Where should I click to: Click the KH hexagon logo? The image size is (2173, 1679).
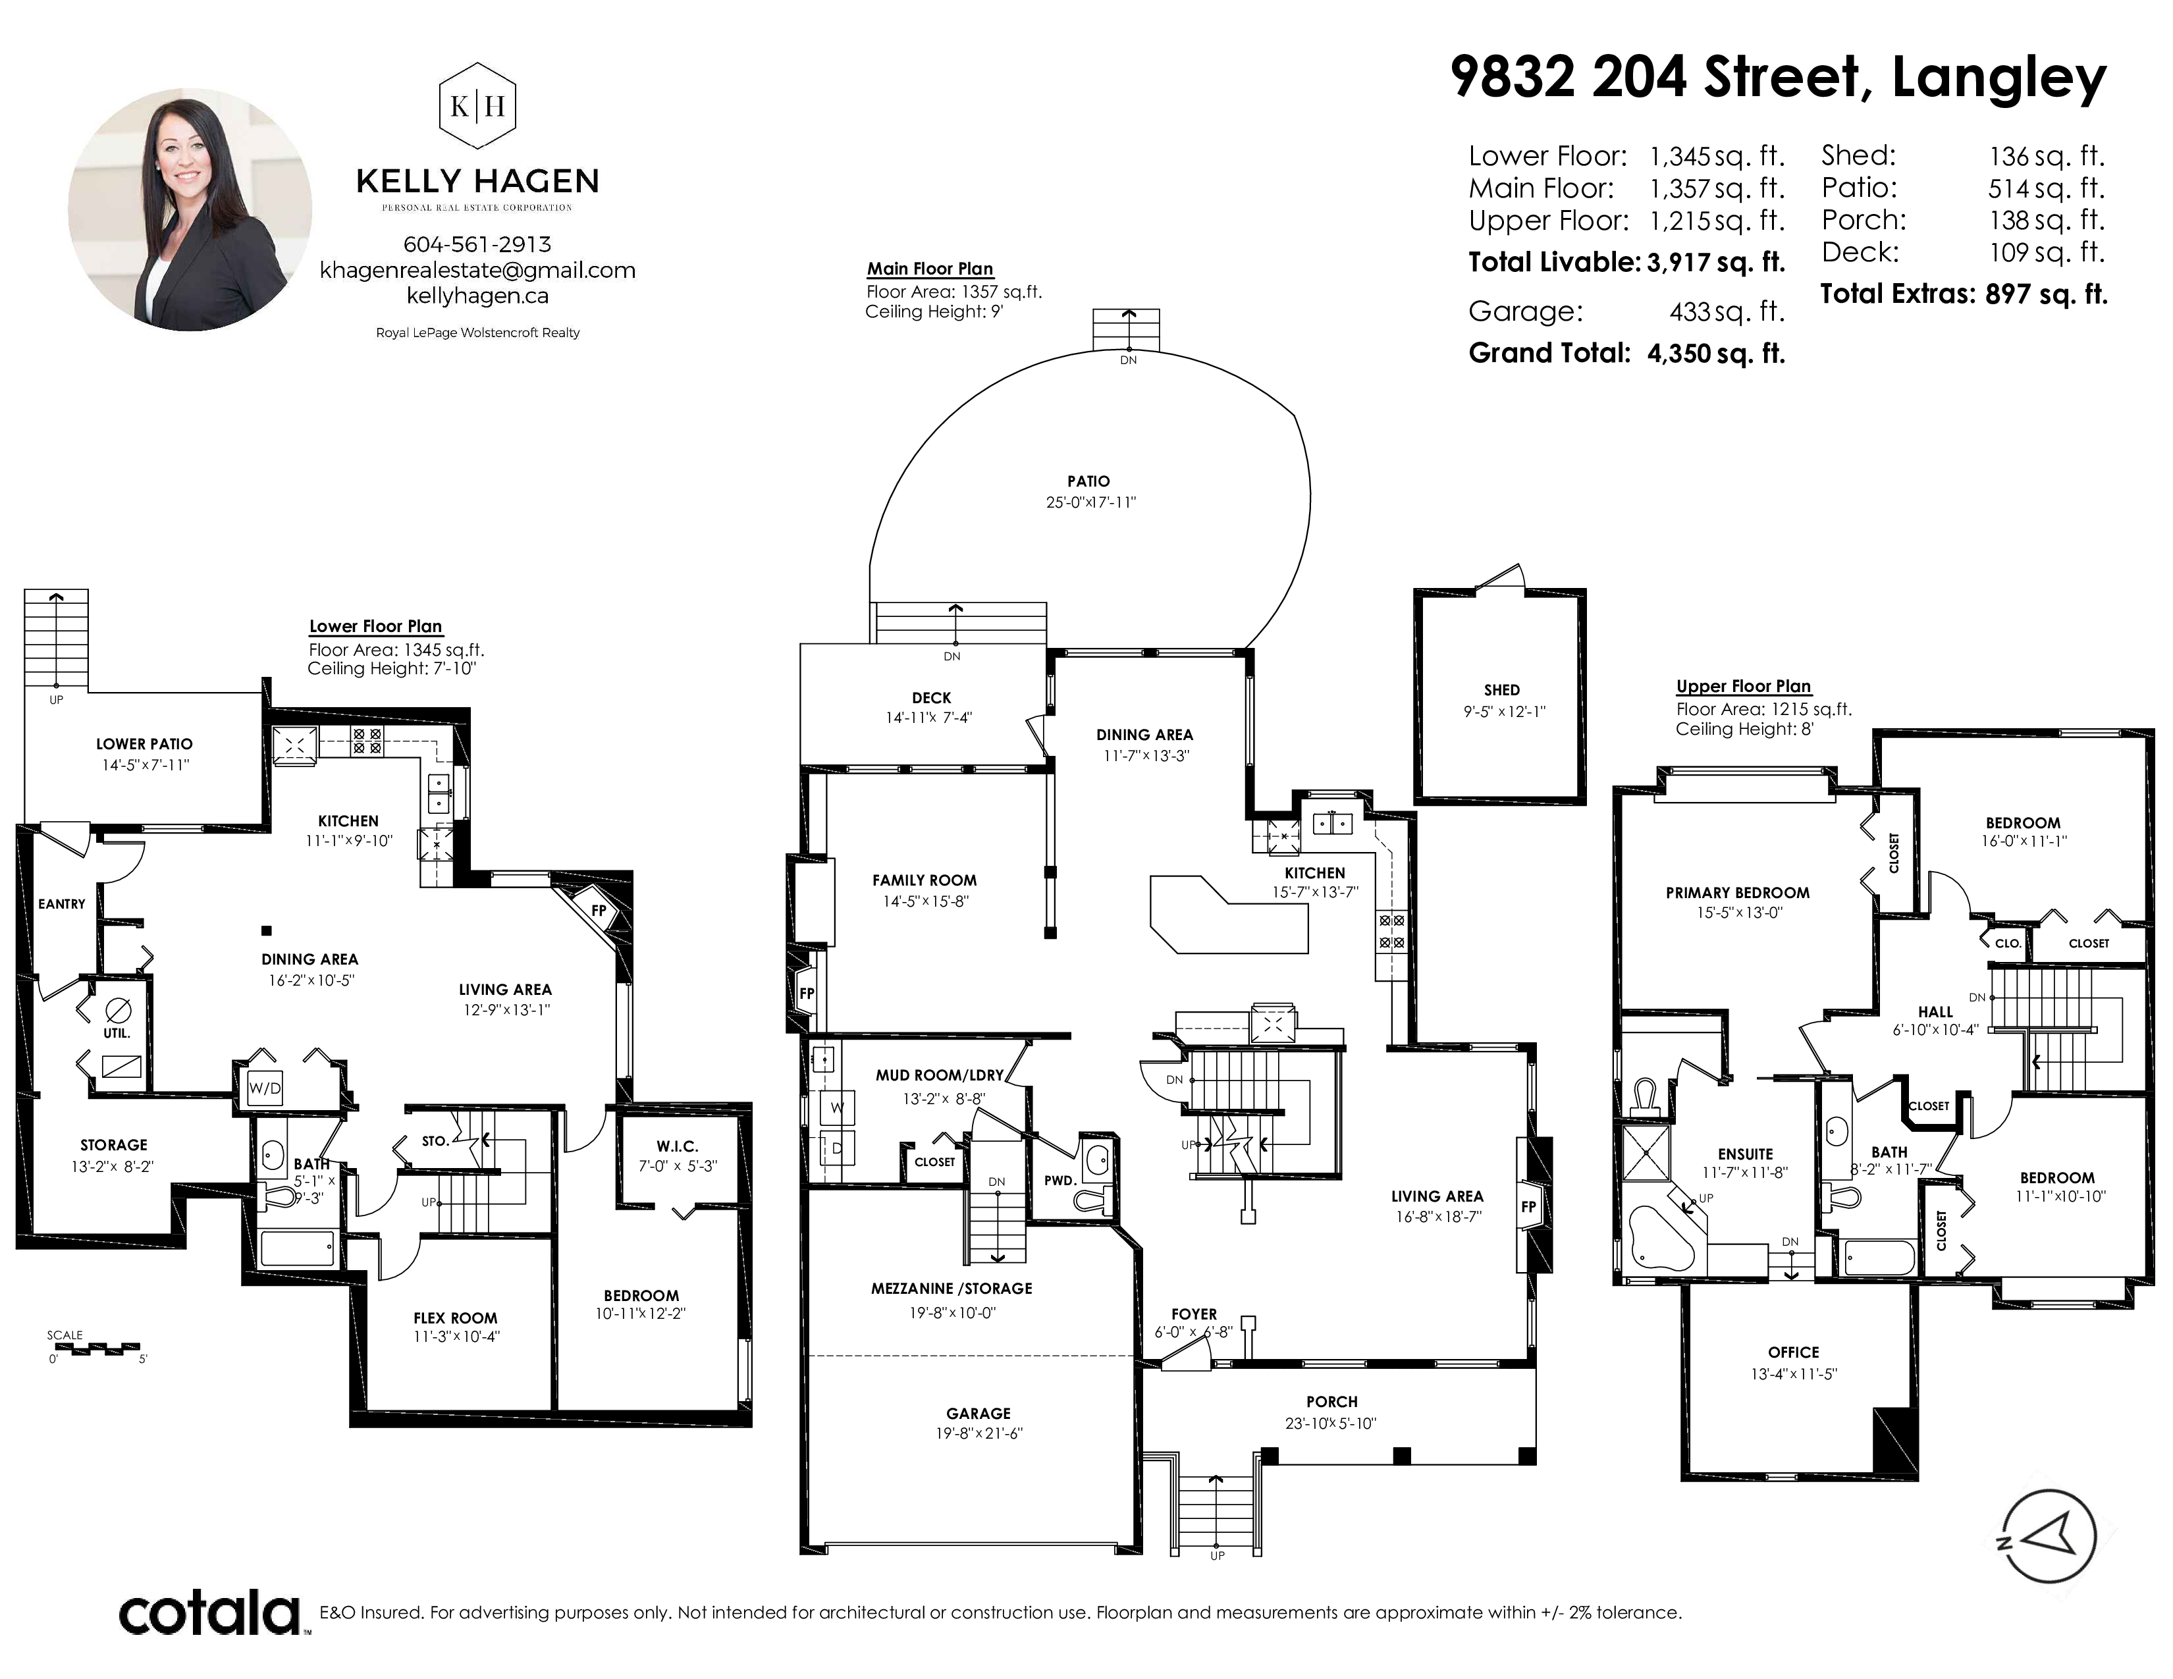[x=477, y=105]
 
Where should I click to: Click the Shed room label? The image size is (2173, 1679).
[x=1501, y=690]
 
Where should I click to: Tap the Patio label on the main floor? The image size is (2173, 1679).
[x=1088, y=481]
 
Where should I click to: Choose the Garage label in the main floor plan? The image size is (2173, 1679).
[x=978, y=1414]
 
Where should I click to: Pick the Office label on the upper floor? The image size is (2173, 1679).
[x=1793, y=1352]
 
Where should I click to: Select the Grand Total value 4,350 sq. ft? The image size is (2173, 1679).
[x=1716, y=353]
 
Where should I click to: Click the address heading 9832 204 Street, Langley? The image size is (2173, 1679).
[x=1778, y=78]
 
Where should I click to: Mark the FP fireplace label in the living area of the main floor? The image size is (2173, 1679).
[x=1528, y=1206]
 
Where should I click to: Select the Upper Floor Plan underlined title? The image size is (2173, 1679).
[x=1743, y=686]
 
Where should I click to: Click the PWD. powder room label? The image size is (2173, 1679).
[x=1060, y=1181]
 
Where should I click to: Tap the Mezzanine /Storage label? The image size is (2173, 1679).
[x=952, y=1288]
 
